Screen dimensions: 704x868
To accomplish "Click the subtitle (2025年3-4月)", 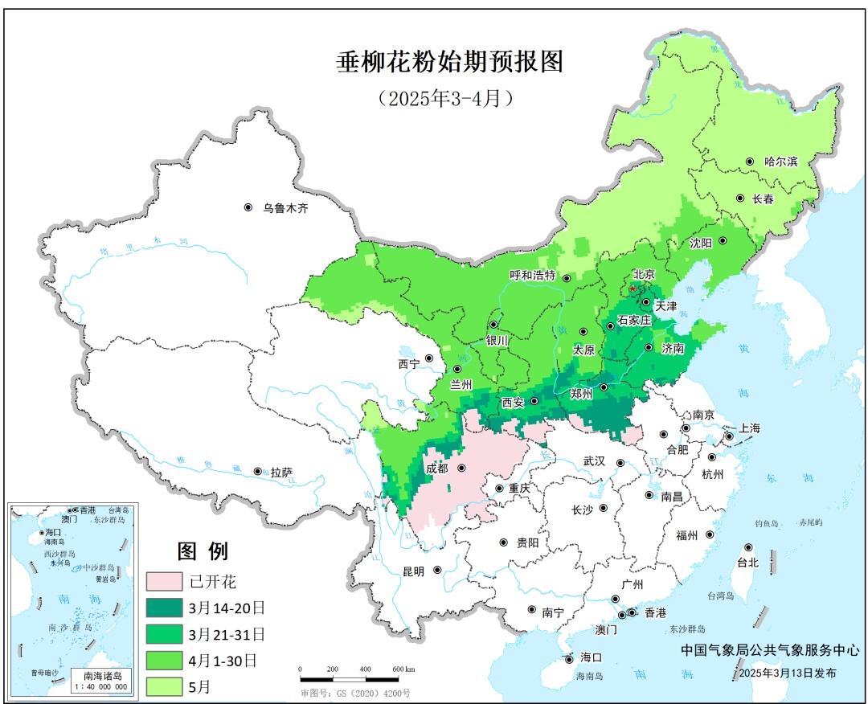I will click(444, 98).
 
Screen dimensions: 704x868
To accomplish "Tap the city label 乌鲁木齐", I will click(285, 208).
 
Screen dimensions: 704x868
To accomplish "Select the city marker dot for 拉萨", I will click(257, 472).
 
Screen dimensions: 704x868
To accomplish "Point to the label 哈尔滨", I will click(780, 162).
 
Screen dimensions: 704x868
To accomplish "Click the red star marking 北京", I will click(633, 289).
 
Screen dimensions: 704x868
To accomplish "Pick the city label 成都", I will click(438, 468).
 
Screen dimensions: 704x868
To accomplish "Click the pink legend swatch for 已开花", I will click(164, 581).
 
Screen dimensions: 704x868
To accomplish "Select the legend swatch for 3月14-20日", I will click(164, 608).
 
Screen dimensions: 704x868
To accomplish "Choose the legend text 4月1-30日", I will click(223, 660).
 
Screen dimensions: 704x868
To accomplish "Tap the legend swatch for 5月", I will click(164, 686).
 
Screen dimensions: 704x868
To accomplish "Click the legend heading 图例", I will click(203, 551).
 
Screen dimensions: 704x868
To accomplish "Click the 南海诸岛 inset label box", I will click(100, 680).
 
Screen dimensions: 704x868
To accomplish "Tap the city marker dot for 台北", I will click(748, 547).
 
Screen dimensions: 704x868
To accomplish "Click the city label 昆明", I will click(413, 571).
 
